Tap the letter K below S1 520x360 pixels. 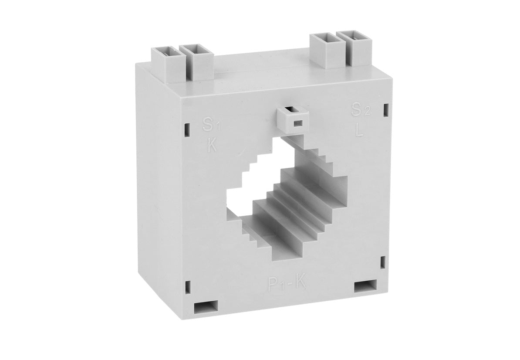click(212, 145)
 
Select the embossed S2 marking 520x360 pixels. click(361, 109)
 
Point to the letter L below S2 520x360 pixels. click(359, 130)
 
